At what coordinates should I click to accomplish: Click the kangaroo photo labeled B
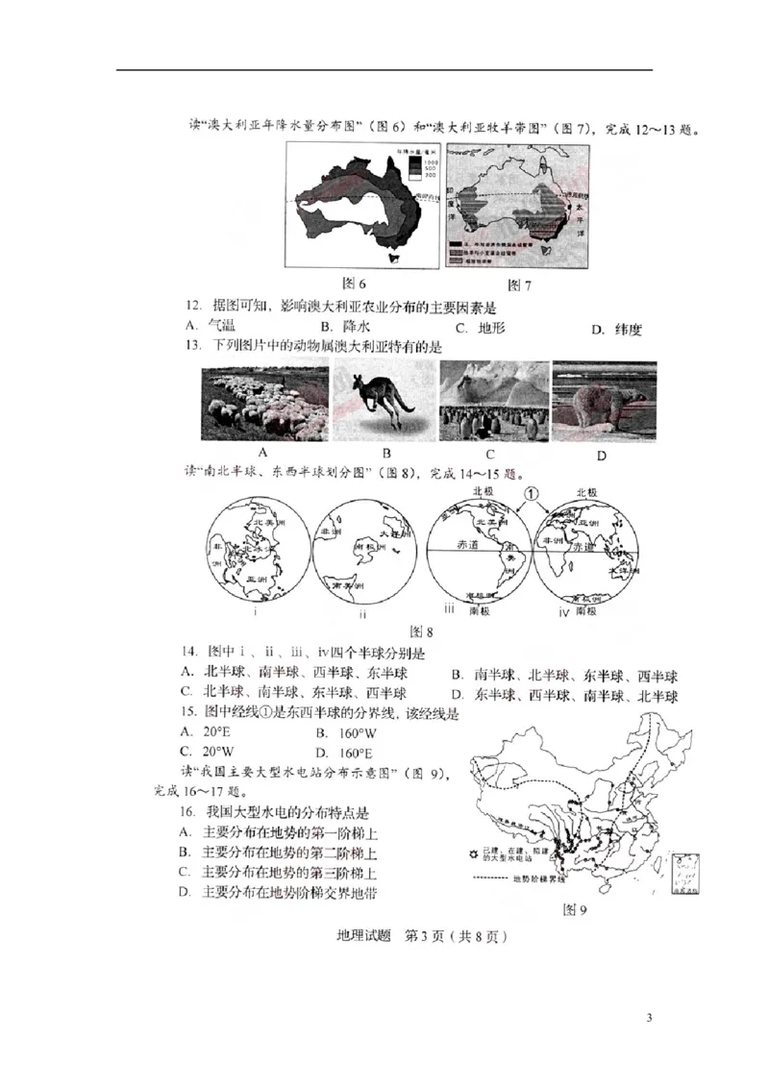[383, 402]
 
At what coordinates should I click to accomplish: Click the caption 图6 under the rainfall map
[355, 284]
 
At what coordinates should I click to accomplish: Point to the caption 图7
[519, 284]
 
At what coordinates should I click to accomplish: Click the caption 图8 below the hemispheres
[422, 631]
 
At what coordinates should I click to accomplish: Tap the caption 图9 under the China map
[574, 910]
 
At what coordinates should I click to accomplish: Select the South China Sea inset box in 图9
[684, 873]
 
